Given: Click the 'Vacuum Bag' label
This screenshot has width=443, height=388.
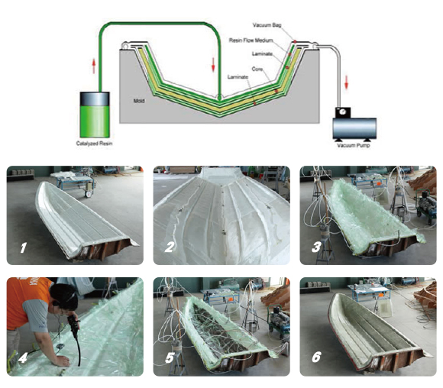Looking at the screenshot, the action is coord(267,25).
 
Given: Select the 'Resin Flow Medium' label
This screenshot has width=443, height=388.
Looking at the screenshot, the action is coord(251,40).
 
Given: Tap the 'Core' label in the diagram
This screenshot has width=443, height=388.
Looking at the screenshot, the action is coord(257,69).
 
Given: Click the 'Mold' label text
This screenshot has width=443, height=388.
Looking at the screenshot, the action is coord(139,101).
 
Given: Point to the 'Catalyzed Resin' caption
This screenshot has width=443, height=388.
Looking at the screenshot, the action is coord(94,144).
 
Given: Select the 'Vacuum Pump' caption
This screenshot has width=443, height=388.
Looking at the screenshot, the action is coord(353,146).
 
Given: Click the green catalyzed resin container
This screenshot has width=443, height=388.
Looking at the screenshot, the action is coord(95,115).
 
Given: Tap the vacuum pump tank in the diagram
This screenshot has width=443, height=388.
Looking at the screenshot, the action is coord(354,128).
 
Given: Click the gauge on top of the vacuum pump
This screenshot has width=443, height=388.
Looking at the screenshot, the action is coord(343,112).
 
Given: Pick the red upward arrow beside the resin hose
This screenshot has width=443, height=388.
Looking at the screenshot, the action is coord(94,66).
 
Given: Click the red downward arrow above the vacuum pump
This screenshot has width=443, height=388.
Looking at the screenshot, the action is coord(347,82).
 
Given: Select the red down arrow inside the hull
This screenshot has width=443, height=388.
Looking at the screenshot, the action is coord(213,64).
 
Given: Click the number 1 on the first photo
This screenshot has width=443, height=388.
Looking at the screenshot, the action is coord(23,247).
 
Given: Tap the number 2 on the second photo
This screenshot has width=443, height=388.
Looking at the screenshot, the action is coord(170,247).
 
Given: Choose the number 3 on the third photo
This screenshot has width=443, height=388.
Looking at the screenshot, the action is coord(316,247).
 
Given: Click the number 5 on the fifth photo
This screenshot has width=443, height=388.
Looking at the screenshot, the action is coord(170,358).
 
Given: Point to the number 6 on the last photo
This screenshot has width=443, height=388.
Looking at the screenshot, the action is coord(316,357).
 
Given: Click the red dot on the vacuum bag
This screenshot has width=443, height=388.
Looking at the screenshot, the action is coord(295,41).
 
